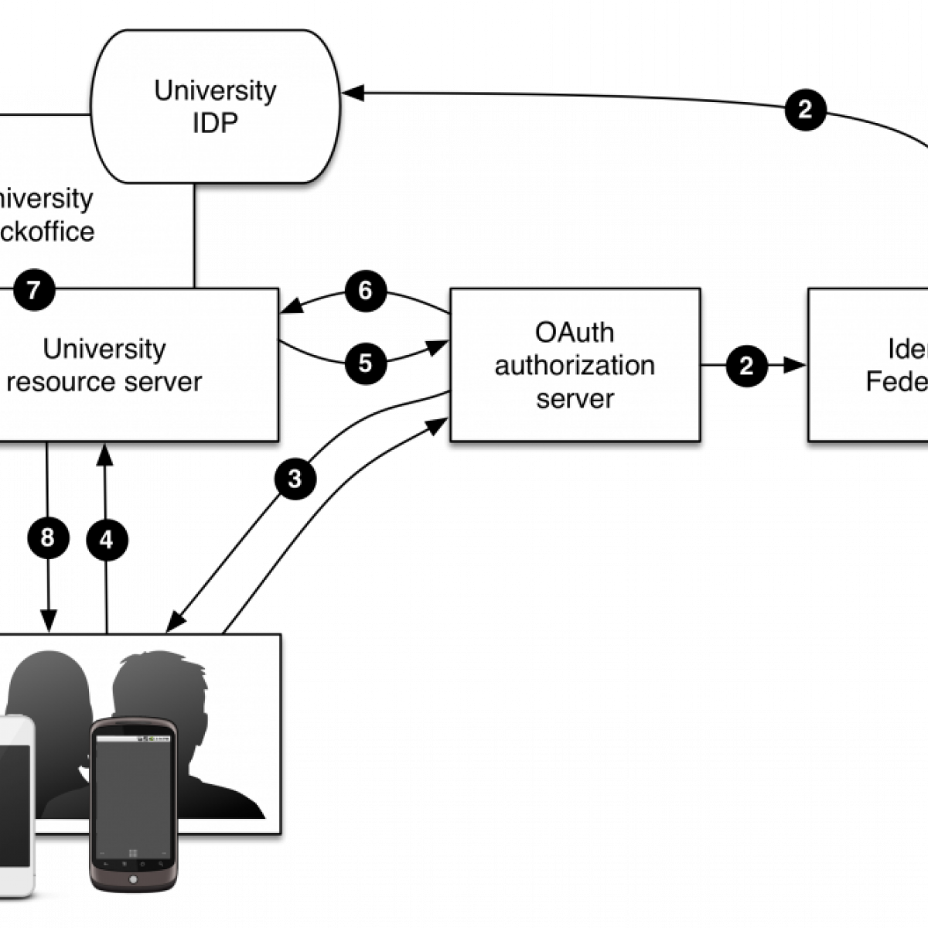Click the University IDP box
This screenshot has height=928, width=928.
[215, 107]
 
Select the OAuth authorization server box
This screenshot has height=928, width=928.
[575, 365]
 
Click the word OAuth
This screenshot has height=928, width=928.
[575, 333]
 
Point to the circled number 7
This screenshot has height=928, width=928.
[33, 291]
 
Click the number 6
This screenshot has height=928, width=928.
[365, 291]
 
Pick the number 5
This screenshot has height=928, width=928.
[365, 363]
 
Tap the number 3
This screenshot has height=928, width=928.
[294, 479]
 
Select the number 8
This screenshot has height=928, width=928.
[47, 537]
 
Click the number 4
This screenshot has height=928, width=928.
[106, 540]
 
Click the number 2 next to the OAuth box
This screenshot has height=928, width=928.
[745, 366]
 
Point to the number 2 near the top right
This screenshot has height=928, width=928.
[804, 110]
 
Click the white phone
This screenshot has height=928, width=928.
[15, 804]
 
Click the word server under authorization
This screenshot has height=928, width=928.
[575, 399]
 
